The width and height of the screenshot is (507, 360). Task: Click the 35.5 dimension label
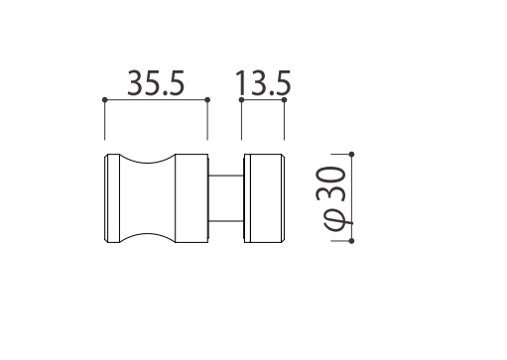tap(156, 83)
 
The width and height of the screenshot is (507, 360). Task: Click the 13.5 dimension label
tap(263, 83)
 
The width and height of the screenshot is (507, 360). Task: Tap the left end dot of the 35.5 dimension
tap(105, 99)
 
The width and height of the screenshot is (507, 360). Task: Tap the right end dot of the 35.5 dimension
tap(207, 99)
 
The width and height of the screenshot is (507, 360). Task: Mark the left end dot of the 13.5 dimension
tap(241, 99)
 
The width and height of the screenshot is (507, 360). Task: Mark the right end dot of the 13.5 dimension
tap(284, 99)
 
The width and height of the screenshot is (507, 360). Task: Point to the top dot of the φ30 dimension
tap(351, 155)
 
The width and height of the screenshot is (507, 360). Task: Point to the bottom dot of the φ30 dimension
tap(351, 241)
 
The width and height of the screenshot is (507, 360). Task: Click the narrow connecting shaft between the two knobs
tap(226, 198)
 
